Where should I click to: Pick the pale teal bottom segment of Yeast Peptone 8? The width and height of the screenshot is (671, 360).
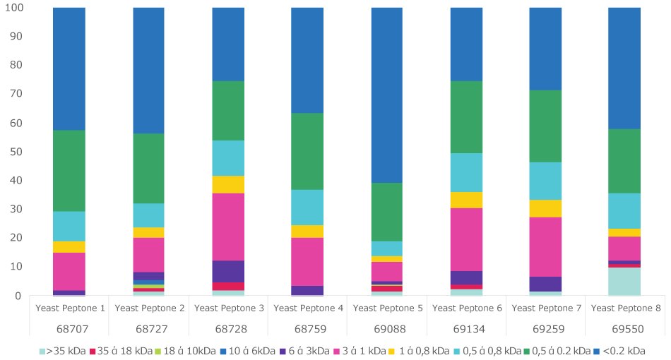click(614, 282)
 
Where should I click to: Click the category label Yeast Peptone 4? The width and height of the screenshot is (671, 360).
click(307, 308)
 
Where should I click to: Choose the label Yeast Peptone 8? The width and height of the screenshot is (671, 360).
click(625, 308)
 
